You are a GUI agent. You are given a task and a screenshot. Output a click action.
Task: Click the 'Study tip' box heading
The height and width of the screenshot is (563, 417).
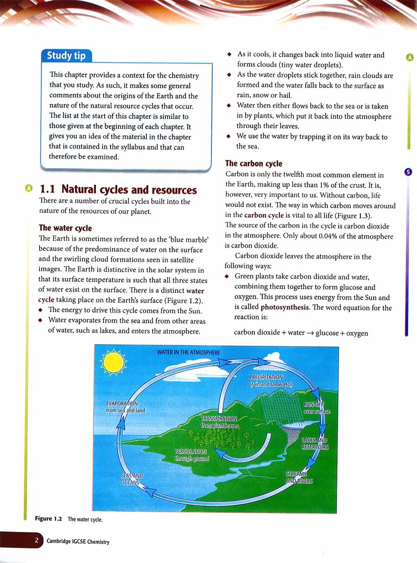click(x=66, y=56)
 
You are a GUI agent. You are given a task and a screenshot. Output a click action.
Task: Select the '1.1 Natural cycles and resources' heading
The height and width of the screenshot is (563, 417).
click(x=118, y=190)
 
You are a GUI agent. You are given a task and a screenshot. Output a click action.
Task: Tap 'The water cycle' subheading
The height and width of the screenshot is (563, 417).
click(x=65, y=228)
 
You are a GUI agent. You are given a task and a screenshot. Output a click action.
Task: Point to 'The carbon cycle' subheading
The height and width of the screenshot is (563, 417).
click(x=254, y=164)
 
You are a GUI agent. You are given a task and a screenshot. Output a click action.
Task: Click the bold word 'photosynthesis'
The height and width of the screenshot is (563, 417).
click(x=285, y=308)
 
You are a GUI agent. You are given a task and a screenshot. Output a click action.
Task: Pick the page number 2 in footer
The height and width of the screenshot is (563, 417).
click(x=37, y=541)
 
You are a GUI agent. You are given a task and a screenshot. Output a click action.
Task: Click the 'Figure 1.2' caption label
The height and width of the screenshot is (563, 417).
click(x=48, y=519)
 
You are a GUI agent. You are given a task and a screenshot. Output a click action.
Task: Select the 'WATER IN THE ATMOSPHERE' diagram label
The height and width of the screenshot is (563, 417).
click(x=188, y=352)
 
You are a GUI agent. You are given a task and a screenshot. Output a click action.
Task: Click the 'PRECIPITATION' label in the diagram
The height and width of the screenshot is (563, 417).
click(x=266, y=377)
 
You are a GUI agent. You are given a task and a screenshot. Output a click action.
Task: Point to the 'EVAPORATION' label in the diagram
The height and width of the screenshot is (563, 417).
click(x=122, y=404)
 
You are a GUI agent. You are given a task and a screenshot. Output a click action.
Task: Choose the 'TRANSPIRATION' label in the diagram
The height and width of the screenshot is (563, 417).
click(x=219, y=419)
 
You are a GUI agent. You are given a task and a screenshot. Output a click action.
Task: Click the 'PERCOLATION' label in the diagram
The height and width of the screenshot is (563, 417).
click(x=191, y=452)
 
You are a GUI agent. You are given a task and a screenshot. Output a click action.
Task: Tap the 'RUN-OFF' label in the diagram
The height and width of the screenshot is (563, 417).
click(x=314, y=404)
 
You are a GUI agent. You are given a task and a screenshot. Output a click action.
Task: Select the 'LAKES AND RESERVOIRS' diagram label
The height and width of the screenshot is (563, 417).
click(x=315, y=444)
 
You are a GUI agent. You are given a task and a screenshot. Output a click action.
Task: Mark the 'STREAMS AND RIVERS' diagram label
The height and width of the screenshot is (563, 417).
click(x=299, y=477)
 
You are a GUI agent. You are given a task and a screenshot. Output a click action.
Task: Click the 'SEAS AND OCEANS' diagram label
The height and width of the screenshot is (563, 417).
click(x=132, y=479)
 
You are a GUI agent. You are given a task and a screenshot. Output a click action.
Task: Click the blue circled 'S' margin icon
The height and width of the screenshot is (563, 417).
click(x=409, y=172)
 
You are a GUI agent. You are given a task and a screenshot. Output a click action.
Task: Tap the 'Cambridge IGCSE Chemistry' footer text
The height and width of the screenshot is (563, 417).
click(x=78, y=542)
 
